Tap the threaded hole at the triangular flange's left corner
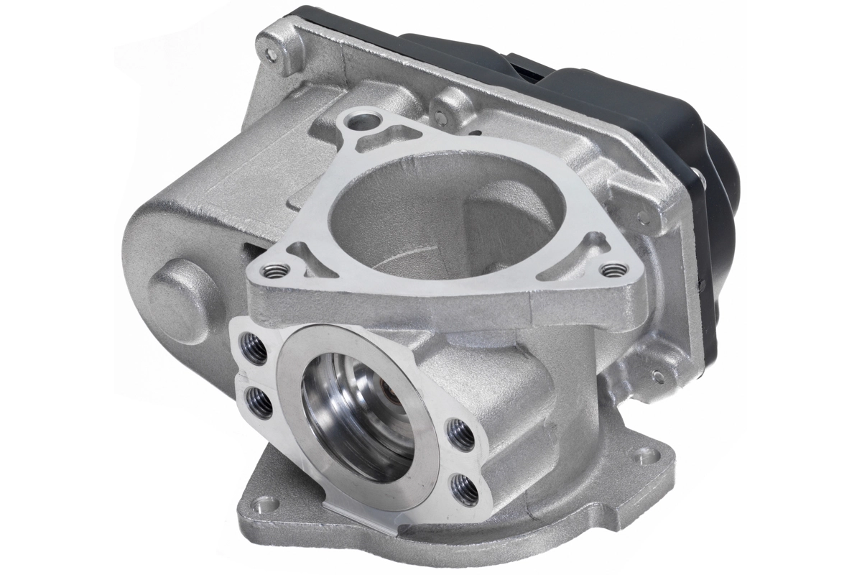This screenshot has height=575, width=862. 275,271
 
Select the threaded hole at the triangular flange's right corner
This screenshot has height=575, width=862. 613,270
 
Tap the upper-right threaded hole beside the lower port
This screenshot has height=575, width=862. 460,434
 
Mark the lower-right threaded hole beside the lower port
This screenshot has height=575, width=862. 465,487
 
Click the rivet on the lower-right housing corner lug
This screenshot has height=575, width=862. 659,374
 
